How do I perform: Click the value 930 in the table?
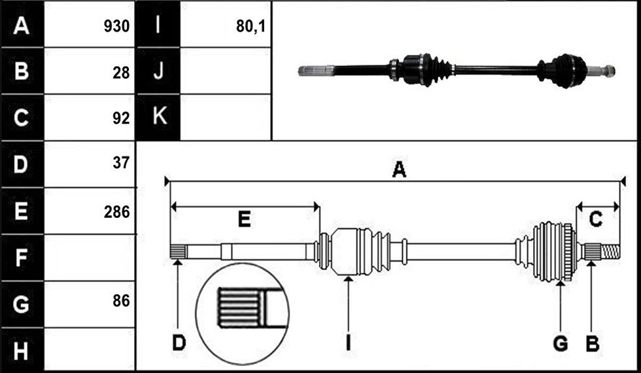tap(116, 27)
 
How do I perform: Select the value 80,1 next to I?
tap(251, 27)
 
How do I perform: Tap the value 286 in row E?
tap(116, 212)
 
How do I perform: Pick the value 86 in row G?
tap(121, 301)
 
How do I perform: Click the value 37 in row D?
tap(121, 164)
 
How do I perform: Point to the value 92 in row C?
tap(121, 118)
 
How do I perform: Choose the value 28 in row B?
tap(121, 73)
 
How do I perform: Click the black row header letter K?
tap(159, 117)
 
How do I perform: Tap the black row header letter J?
tap(158, 71)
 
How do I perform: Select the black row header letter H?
tap(21, 351)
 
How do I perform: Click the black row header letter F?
tap(21, 258)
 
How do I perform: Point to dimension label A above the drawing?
tap(399, 169)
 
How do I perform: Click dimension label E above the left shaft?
tap(245, 220)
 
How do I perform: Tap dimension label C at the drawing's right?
tap(596, 220)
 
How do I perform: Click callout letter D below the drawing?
tap(179, 343)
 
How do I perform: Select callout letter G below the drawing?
tap(560, 344)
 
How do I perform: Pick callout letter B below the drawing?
tap(593, 344)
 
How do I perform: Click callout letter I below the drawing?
tap(348, 343)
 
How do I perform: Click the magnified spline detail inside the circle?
tap(242, 313)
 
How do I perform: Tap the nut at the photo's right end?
tap(608, 71)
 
